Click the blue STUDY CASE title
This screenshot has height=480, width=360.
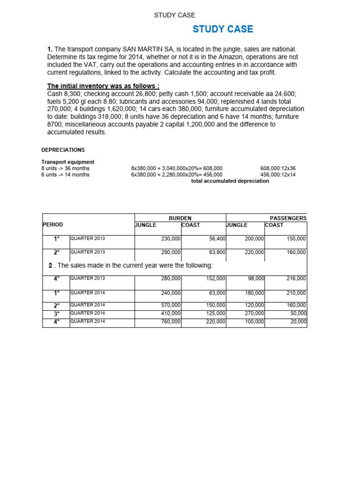[223, 30]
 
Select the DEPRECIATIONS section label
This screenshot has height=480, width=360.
[63, 150]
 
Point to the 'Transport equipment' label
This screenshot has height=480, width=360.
[67, 162]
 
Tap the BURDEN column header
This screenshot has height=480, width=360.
[180, 218]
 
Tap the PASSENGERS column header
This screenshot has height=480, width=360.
[288, 218]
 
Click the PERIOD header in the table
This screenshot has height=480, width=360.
[52, 225]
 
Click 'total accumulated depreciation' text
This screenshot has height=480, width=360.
[230, 181]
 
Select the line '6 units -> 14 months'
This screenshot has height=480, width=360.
[65, 175]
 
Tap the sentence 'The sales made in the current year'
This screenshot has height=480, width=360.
[131, 266]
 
